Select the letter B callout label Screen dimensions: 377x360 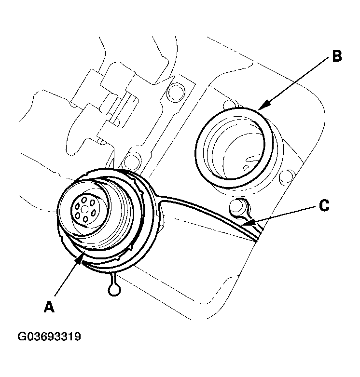[336, 56]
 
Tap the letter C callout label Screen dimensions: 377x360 [324, 206]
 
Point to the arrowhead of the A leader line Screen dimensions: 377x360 [80, 260]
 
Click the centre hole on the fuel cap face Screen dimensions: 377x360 [84, 209]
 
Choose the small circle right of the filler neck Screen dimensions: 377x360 [289, 177]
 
